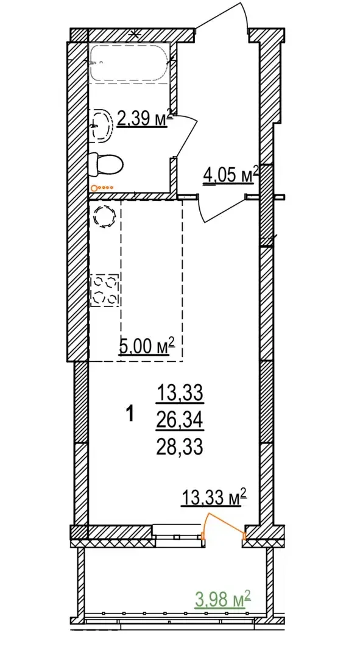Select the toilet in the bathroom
(106, 164)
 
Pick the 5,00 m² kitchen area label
(147, 347)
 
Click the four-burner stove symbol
(105, 290)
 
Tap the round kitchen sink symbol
(104, 217)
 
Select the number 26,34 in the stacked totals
(180, 418)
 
